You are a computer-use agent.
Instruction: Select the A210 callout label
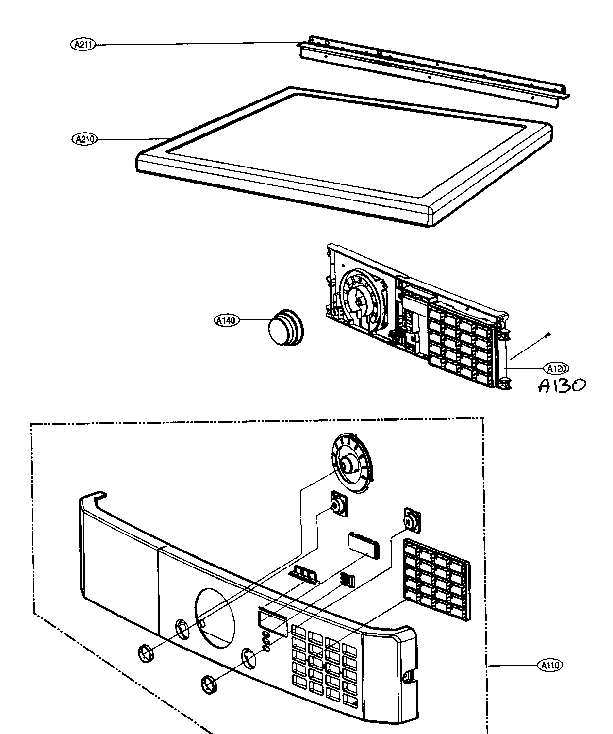pyautogui.click(x=84, y=139)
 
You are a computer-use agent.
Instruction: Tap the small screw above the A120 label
pyautogui.click(x=547, y=334)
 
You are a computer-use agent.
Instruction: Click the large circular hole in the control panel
pyautogui.click(x=214, y=617)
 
